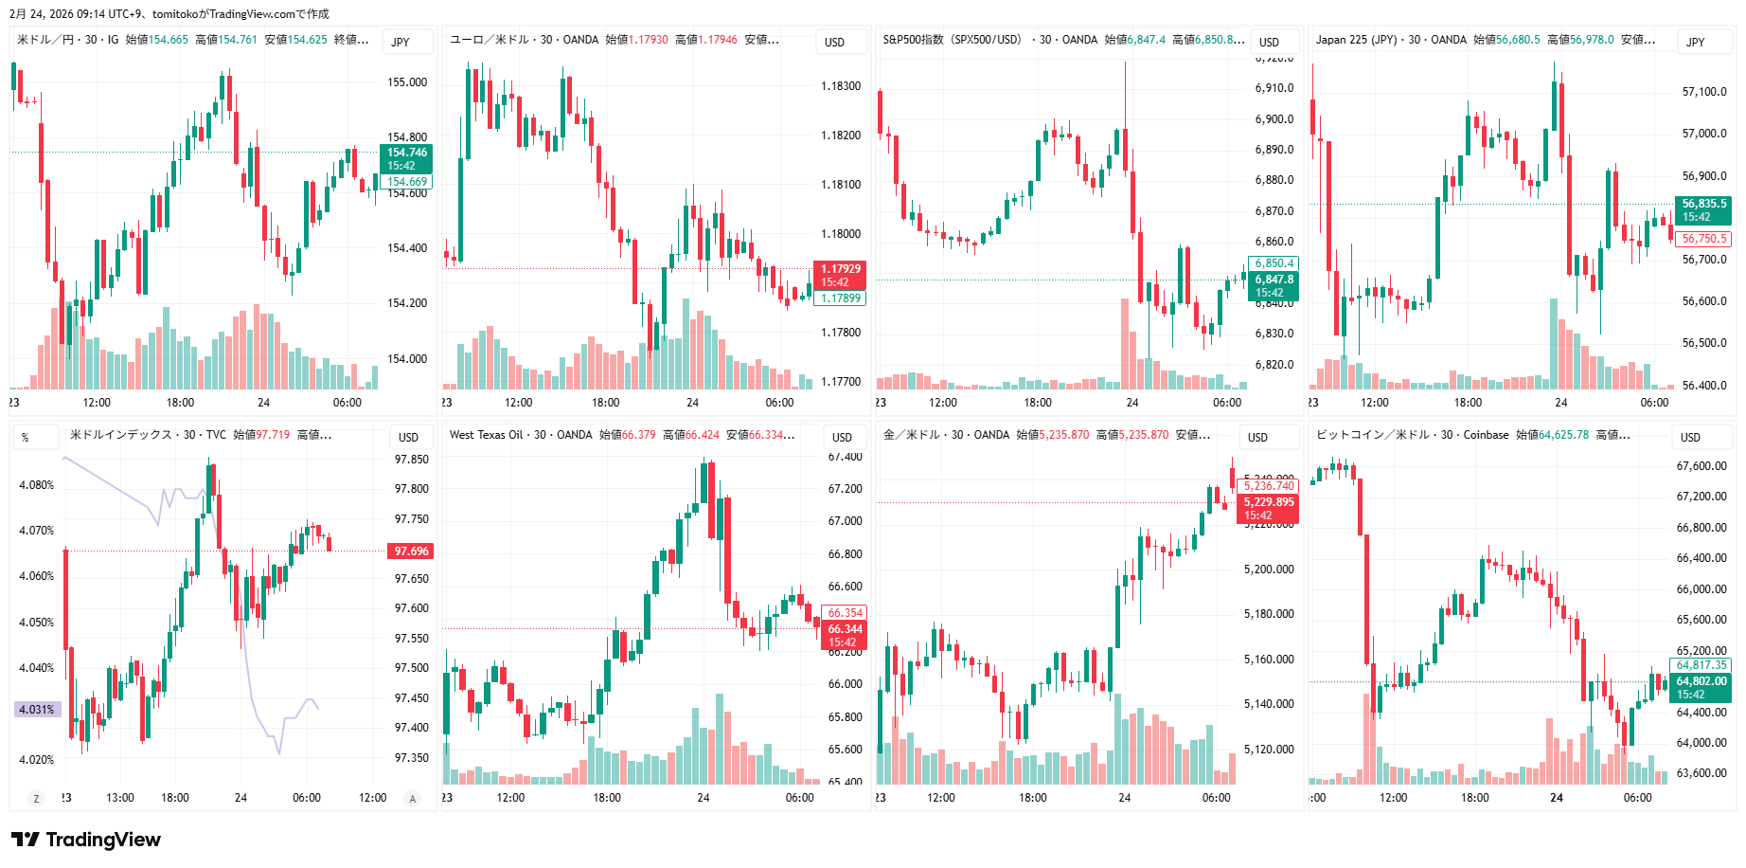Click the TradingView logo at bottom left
[x=85, y=840]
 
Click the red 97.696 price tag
[x=411, y=551]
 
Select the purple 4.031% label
[x=37, y=709]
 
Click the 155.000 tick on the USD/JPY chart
[x=407, y=82]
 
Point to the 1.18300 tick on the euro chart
[x=840, y=86]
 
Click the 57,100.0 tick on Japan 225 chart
[x=1703, y=92]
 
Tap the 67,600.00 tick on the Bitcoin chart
[x=1701, y=466]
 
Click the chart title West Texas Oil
[x=486, y=435]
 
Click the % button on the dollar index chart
[x=25, y=437]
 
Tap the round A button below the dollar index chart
[x=412, y=799]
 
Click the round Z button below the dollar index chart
[x=37, y=799]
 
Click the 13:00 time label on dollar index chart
[x=120, y=798]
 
